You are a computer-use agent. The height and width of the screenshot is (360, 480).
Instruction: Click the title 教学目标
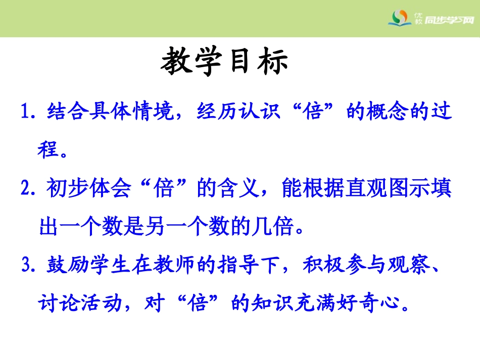click(224, 63)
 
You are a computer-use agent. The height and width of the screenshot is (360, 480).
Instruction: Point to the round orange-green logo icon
click(399, 18)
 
